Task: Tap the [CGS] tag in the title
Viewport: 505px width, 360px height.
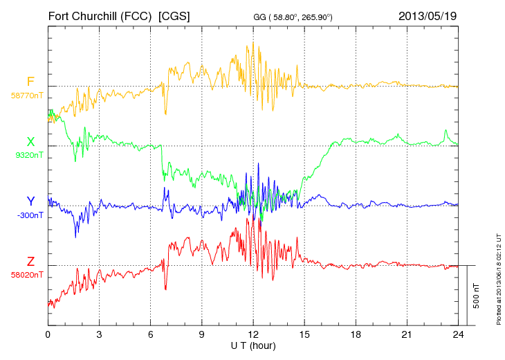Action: pyautogui.click(x=174, y=15)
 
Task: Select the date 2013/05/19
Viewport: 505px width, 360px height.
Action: pyautogui.click(x=428, y=15)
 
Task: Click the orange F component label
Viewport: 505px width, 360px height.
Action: pyautogui.click(x=30, y=82)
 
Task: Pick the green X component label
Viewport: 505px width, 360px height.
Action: pyautogui.click(x=30, y=142)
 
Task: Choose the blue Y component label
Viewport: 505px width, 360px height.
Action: pyautogui.click(x=30, y=201)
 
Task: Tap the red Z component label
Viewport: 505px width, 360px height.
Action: pyautogui.click(x=30, y=262)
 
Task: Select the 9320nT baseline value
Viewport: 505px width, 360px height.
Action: pyautogui.click(x=28, y=155)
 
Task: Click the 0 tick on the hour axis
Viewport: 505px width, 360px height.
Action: pyautogui.click(x=48, y=334)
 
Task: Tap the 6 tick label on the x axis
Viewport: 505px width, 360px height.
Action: pyautogui.click(x=151, y=334)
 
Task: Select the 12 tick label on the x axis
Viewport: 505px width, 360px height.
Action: pyautogui.click(x=254, y=334)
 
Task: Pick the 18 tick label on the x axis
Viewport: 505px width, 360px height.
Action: pyautogui.click(x=356, y=334)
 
